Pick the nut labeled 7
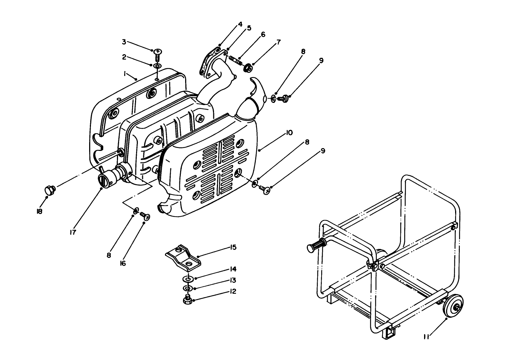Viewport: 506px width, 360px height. (x=248, y=67)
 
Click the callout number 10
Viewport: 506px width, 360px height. (x=289, y=133)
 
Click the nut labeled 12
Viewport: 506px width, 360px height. (x=187, y=300)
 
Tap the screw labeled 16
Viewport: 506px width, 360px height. (x=146, y=216)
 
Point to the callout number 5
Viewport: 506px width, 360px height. (x=249, y=28)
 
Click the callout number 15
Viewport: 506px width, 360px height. (x=233, y=247)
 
